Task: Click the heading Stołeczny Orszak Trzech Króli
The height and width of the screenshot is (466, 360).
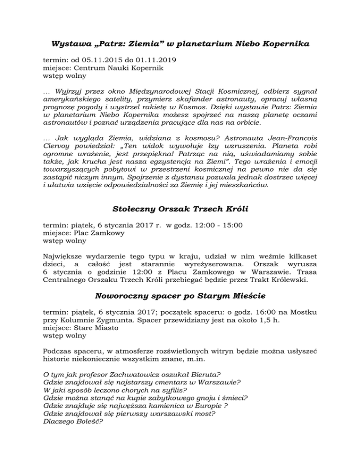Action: [x=180, y=208]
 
